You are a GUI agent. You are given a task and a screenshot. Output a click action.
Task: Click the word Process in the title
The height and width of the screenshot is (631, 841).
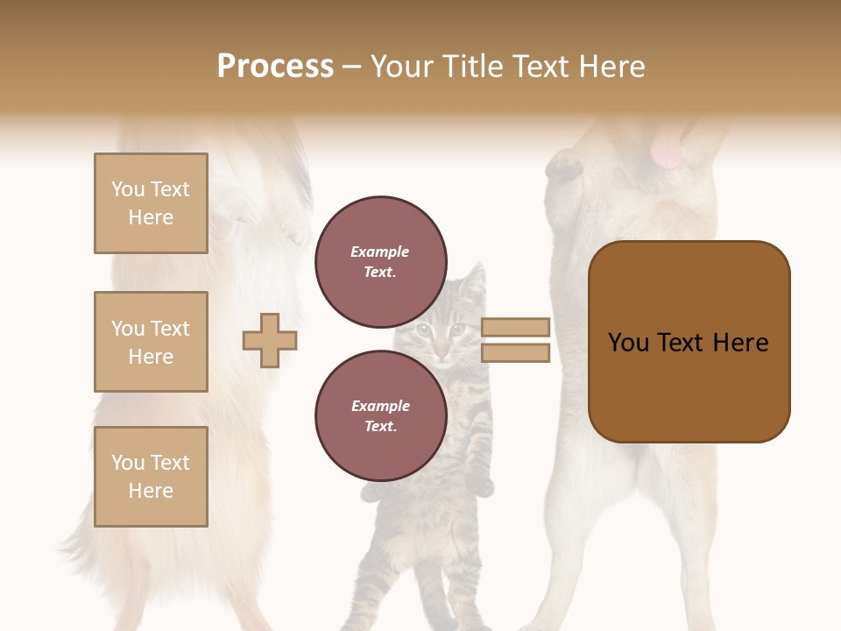click(x=275, y=67)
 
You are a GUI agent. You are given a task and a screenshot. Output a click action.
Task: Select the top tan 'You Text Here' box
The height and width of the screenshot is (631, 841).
click(x=151, y=203)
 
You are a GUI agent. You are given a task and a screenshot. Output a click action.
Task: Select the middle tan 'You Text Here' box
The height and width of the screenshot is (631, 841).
click(x=151, y=342)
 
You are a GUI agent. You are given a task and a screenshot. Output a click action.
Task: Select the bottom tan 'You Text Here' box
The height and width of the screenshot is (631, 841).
click(x=151, y=476)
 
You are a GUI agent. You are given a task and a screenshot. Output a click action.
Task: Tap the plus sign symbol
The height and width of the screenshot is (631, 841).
click(x=270, y=340)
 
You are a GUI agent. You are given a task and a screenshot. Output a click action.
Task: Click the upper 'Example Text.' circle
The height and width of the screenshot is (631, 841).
click(x=380, y=261)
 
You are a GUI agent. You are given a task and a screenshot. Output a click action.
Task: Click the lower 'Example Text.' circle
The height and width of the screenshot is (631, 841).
click(x=380, y=415)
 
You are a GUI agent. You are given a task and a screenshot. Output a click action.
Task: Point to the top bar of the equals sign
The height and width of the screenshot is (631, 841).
click(x=515, y=327)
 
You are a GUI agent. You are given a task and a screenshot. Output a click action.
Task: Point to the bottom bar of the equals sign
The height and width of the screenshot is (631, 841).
click(x=515, y=352)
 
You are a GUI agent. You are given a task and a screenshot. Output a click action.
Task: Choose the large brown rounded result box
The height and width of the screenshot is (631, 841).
click(x=689, y=342)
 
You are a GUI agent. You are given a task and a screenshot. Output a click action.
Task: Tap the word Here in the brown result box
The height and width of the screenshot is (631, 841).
click(x=740, y=343)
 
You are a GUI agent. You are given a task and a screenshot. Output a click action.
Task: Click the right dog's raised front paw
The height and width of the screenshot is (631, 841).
click(x=562, y=166)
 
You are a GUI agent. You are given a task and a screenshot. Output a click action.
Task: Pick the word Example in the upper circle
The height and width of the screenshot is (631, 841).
click(x=380, y=252)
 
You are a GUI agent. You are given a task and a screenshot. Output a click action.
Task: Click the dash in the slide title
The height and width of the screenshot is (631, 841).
click(x=352, y=67)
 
